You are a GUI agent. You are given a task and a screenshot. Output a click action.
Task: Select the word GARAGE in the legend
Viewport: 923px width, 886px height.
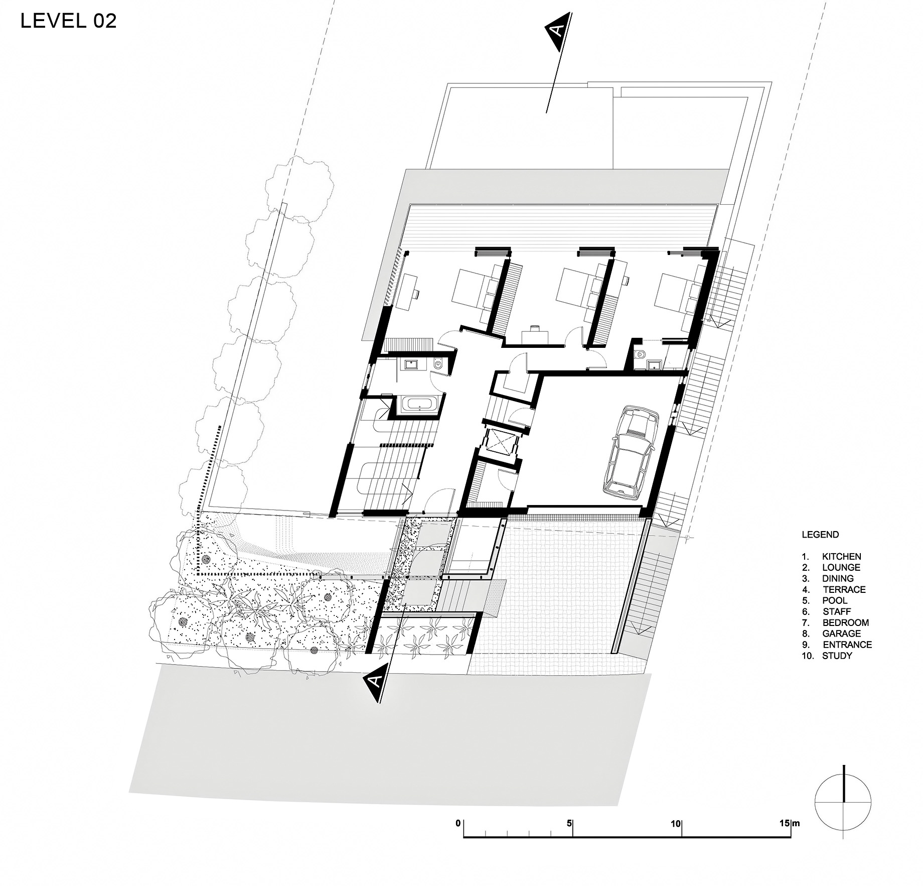click(841, 634)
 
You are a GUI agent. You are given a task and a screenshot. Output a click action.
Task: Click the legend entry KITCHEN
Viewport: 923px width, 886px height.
click(841, 556)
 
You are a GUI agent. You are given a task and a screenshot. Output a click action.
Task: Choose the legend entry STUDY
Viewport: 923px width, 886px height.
click(837, 656)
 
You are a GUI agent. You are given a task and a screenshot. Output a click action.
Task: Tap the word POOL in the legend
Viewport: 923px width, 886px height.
click(835, 600)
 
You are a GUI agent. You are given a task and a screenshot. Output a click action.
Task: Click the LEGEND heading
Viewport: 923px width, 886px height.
click(820, 535)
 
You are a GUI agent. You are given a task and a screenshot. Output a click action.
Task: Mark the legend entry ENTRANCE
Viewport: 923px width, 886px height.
click(847, 645)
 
